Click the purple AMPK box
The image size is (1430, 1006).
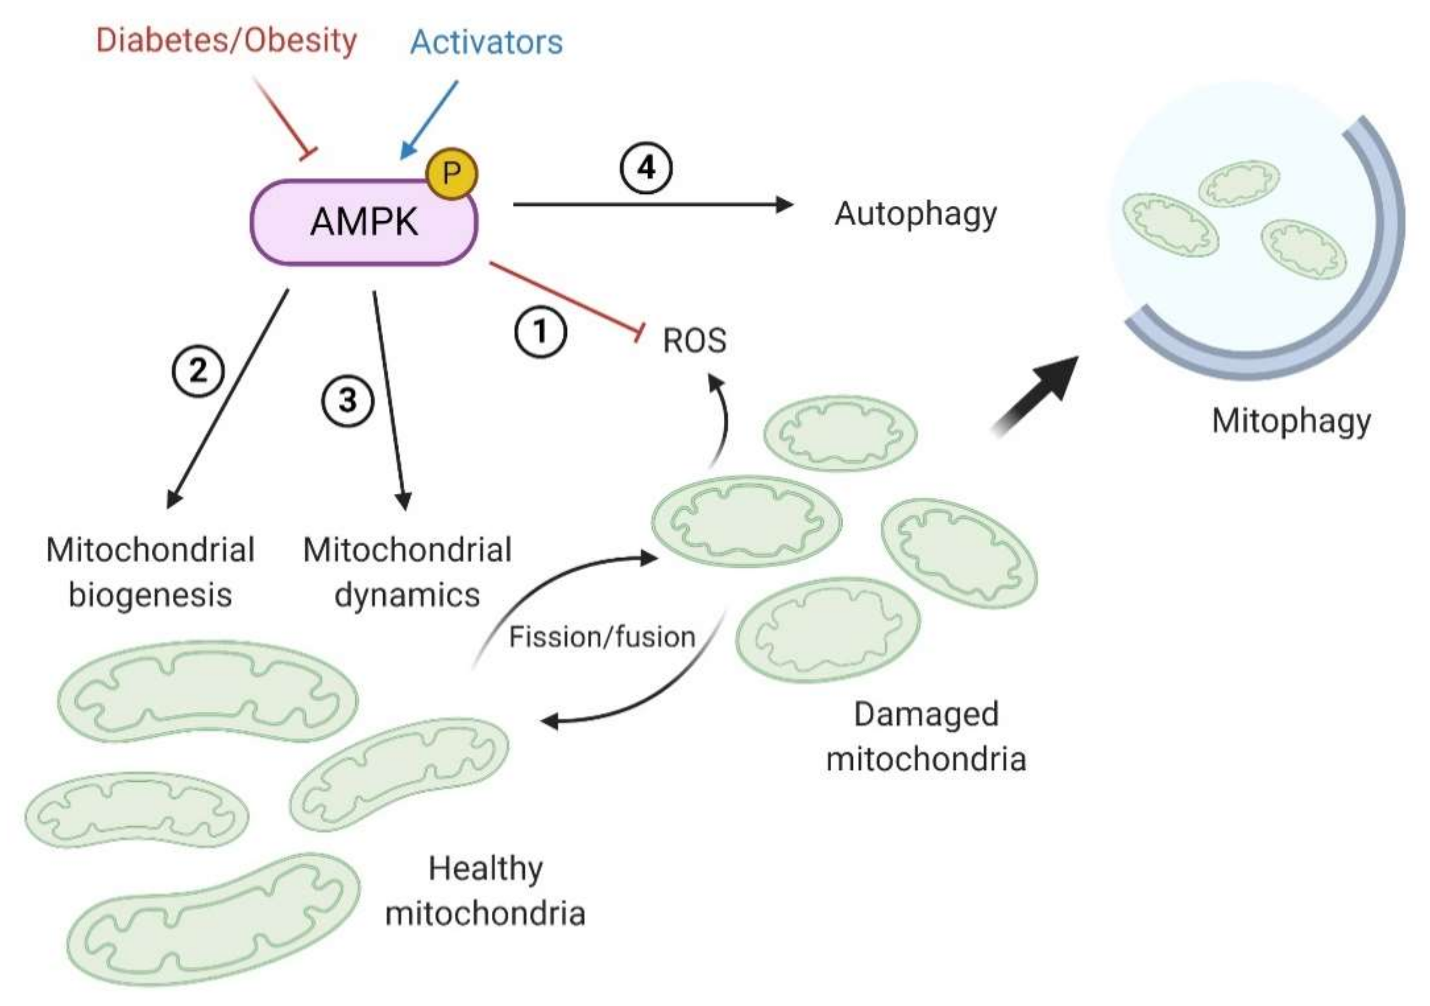tap(364, 222)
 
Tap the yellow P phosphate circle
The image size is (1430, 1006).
tap(452, 173)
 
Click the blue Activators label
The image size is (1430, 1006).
tap(487, 42)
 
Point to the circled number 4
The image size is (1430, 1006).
tap(647, 168)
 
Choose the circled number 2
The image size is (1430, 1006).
tap(198, 371)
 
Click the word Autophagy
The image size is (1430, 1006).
tap(915, 214)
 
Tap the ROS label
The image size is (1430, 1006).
tap(694, 340)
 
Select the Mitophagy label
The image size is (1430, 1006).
tap(1291, 421)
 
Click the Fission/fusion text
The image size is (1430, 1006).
tap(602, 637)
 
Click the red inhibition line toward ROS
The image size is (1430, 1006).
tap(564, 299)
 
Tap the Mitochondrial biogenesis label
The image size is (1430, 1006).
tap(150, 572)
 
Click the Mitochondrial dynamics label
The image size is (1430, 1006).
tap(407, 572)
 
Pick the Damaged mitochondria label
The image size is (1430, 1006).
tap(925, 736)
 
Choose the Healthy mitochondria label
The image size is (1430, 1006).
tap(485, 891)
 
